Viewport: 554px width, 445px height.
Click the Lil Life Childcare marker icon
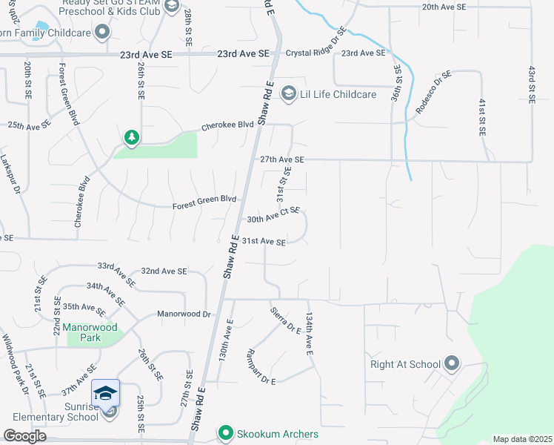(x=287, y=93)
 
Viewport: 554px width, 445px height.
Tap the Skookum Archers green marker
(x=224, y=432)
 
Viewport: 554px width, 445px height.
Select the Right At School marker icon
(x=452, y=363)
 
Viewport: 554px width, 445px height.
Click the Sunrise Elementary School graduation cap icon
(x=105, y=393)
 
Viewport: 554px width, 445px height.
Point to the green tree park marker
(x=132, y=137)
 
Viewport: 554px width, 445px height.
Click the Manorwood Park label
(x=83, y=326)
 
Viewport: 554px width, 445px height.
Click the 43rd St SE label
(x=531, y=84)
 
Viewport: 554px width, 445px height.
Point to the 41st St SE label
(x=482, y=116)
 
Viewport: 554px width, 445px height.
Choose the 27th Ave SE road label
(x=281, y=159)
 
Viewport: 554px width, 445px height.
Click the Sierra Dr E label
(x=285, y=320)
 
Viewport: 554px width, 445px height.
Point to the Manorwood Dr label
(x=184, y=314)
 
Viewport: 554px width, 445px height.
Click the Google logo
(x=24, y=436)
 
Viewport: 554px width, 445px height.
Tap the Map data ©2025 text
(x=523, y=439)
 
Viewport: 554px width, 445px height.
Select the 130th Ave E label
(x=225, y=340)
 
